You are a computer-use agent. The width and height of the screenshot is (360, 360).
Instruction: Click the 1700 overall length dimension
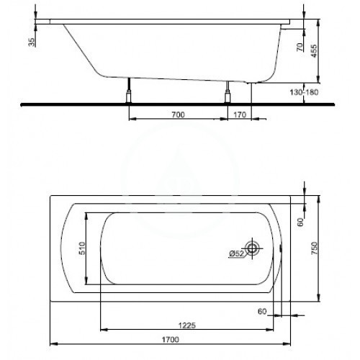coord(170,340)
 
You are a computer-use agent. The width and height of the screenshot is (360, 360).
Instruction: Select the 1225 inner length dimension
coord(187,325)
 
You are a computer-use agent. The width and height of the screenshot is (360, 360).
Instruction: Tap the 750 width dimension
coord(314,248)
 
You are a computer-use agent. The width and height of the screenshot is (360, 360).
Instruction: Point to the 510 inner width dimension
coord(82,248)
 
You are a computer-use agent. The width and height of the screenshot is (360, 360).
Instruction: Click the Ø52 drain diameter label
coord(237,253)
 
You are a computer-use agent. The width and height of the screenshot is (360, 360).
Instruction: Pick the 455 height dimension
coord(314,51)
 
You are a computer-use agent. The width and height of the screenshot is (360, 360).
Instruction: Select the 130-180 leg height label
coord(304,92)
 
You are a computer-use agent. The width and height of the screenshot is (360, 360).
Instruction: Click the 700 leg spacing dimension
coord(179,114)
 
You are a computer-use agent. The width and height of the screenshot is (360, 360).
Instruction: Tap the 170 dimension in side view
coord(240,114)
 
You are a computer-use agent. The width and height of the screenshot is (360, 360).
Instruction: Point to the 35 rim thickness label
coord(32,42)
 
